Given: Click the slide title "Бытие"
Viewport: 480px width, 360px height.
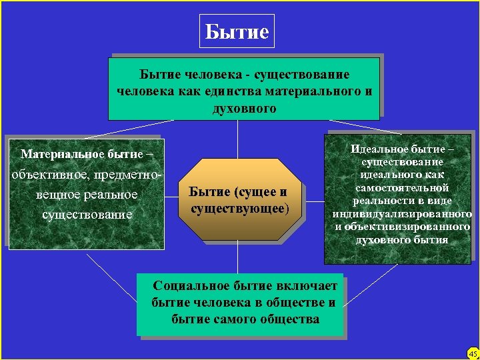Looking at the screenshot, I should pos(237,31).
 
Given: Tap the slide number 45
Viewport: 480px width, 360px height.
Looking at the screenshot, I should pos(473,353).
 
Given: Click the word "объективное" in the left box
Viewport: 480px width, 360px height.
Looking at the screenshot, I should pos(44,174).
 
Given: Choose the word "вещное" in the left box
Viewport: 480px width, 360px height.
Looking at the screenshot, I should pos(55,195).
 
